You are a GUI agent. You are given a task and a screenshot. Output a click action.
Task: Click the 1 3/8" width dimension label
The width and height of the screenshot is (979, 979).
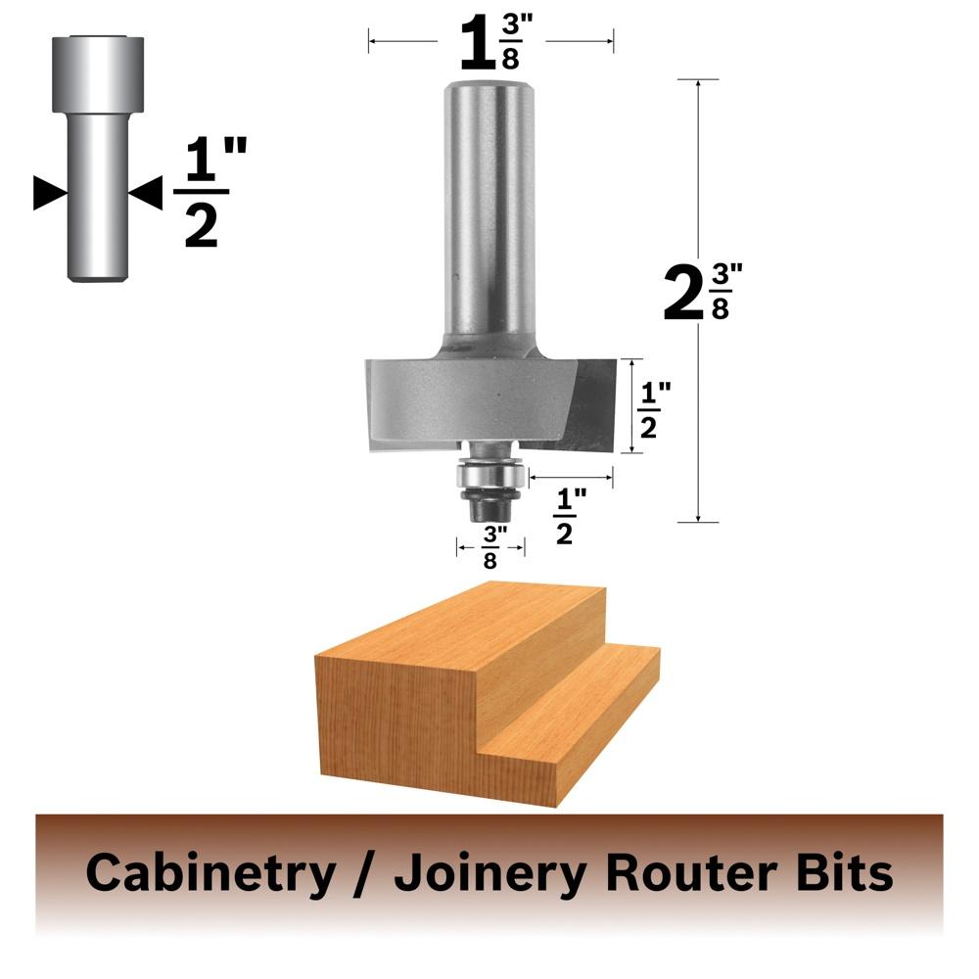tap(495, 42)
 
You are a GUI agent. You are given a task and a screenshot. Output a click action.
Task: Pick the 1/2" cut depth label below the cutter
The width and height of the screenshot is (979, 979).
tap(570, 517)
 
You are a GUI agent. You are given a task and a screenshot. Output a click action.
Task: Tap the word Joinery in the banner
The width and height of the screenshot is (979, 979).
tap(490, 873)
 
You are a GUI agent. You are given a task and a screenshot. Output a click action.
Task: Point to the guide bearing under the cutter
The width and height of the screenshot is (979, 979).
tap(489, 477)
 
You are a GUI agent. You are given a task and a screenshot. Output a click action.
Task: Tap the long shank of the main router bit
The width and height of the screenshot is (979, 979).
tap(490, 212)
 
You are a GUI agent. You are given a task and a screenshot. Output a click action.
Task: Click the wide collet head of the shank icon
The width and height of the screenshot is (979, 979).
tap(98, 74)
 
